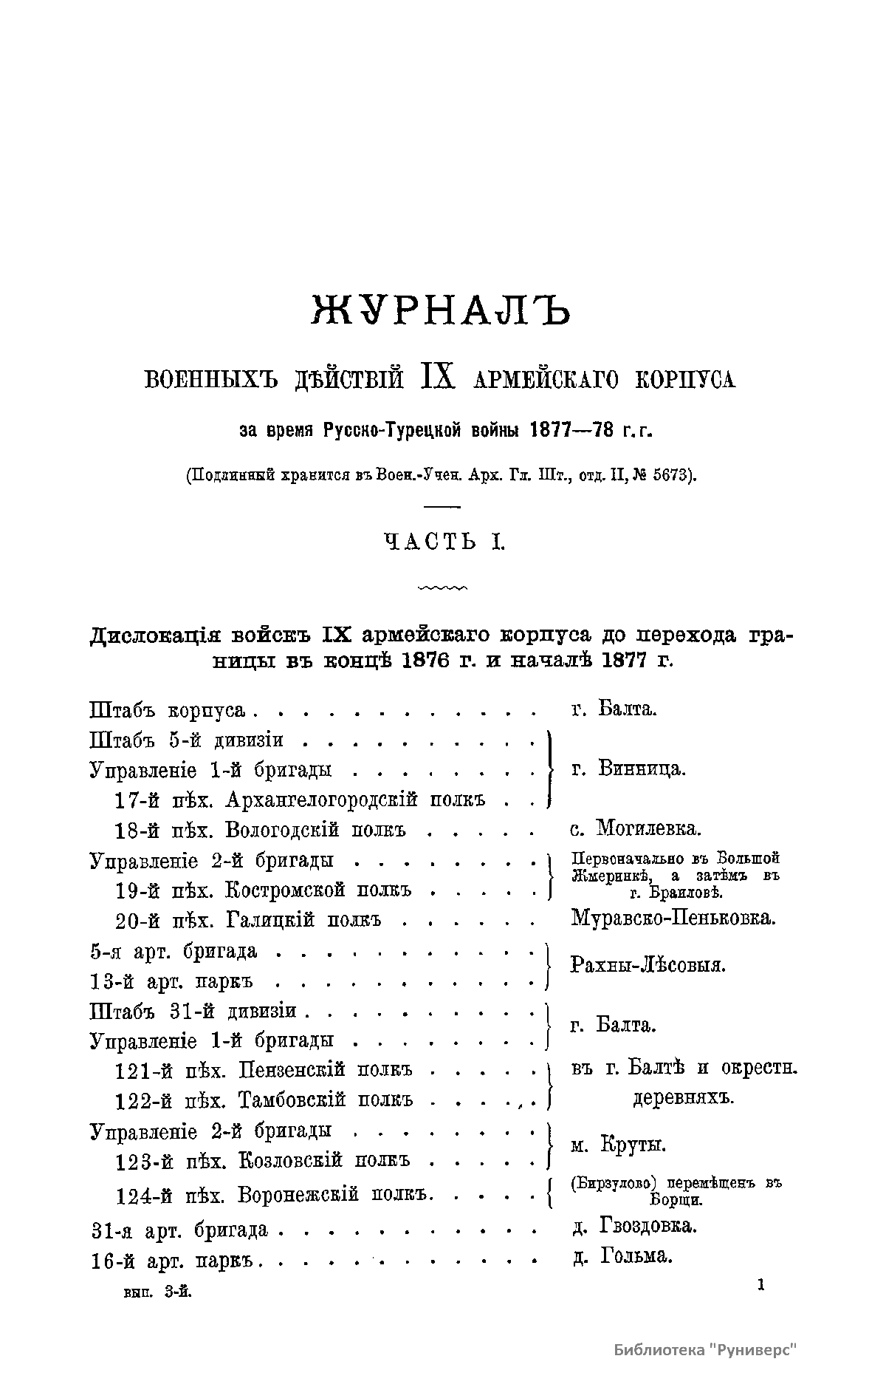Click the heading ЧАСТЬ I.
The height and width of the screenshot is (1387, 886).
[x=443, y=543]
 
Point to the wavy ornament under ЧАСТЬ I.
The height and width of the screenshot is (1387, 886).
[x=442, y=589]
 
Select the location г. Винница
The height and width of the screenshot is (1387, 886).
[x=628, y=769]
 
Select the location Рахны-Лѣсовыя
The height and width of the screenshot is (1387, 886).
[x=648, y=965]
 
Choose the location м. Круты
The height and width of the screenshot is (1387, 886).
[x=619, y=1145]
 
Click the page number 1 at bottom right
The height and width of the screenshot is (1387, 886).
[x=760, y=1286]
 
